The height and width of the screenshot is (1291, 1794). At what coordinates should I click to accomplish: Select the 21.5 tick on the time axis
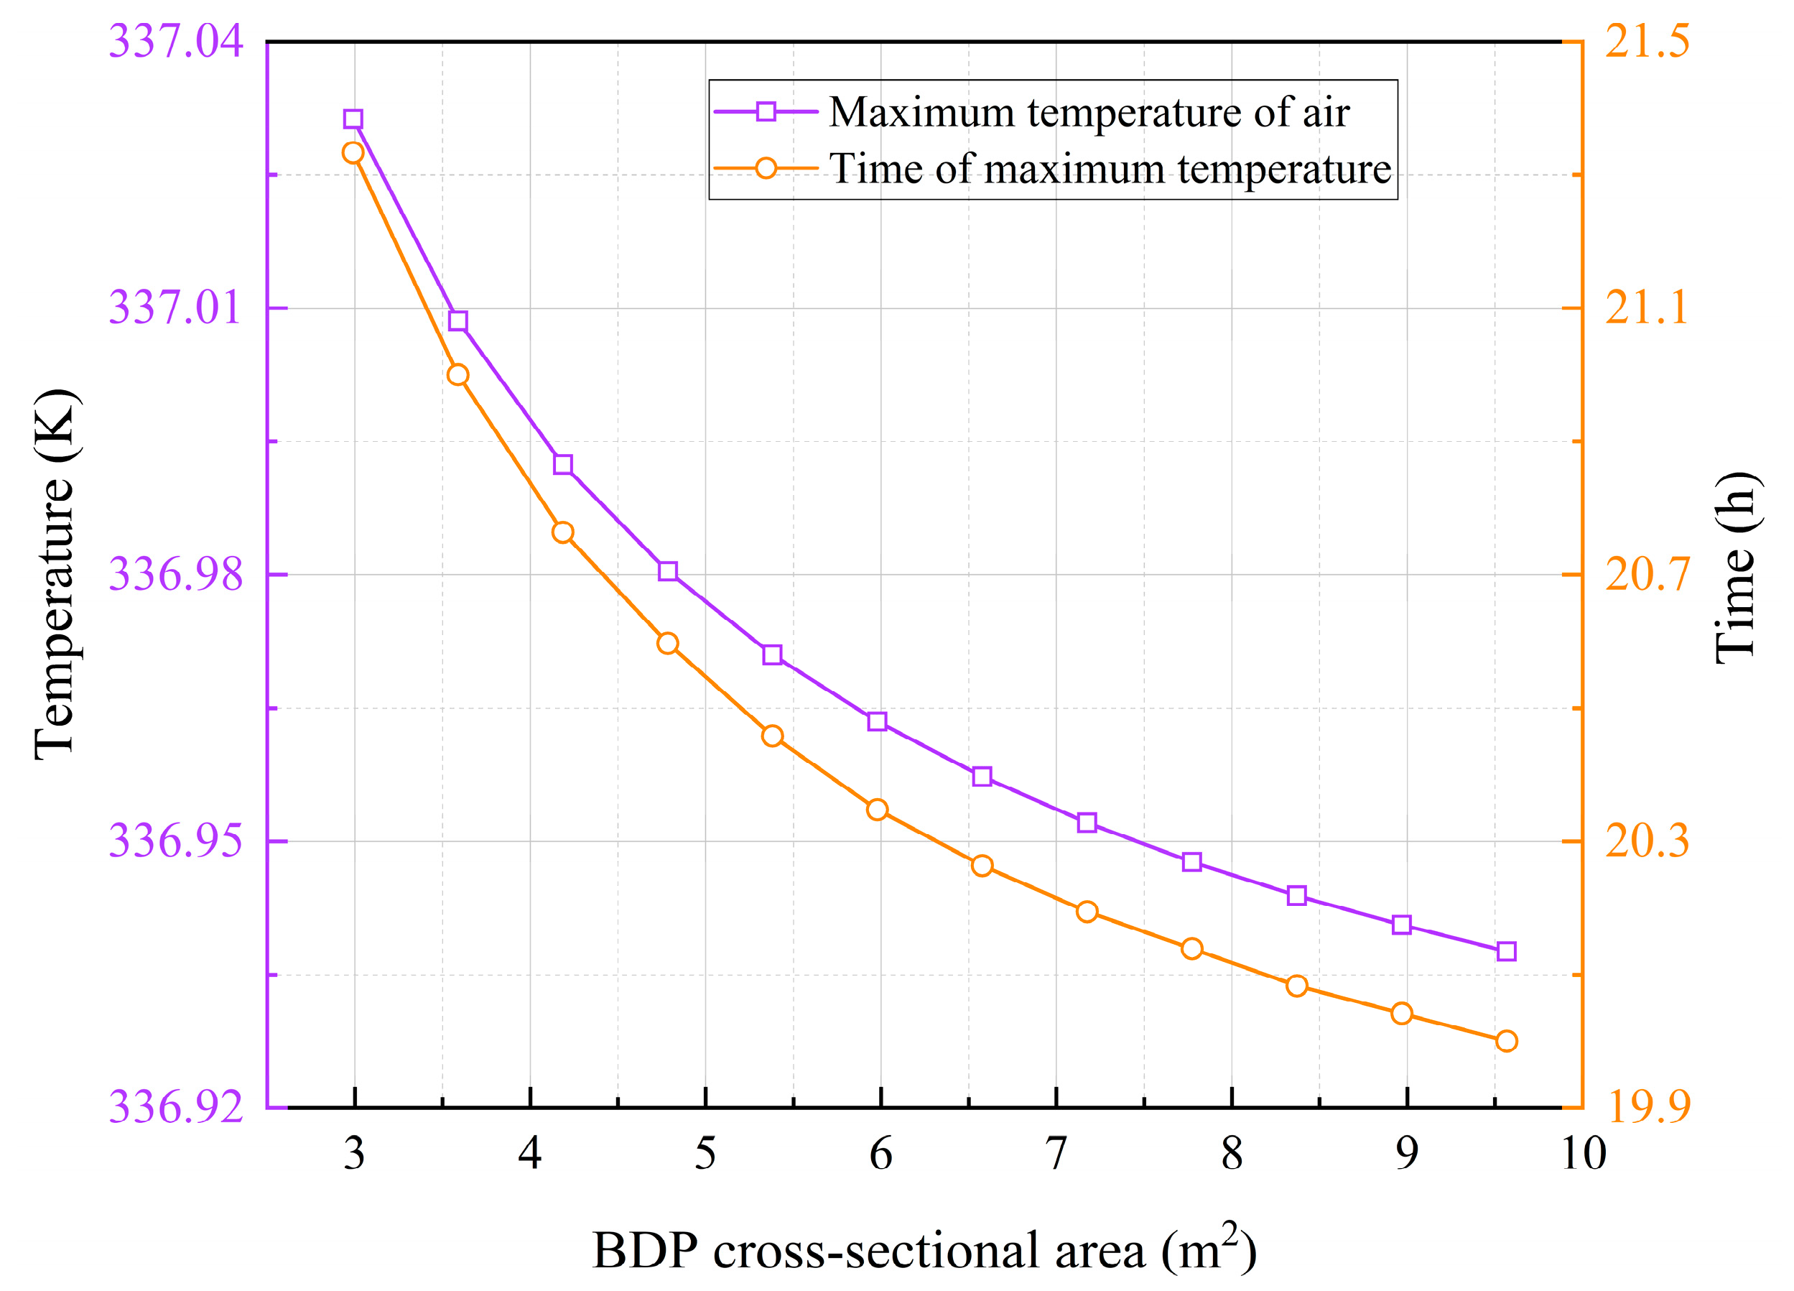[1647, 41]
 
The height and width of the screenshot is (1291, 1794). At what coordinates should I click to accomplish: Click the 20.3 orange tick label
[1647, 840]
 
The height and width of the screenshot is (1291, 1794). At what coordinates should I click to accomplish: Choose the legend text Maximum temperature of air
[1089, 111]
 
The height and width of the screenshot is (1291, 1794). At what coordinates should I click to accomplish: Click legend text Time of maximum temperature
[1109, 169]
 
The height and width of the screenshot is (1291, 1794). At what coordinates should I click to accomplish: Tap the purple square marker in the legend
[765, 111]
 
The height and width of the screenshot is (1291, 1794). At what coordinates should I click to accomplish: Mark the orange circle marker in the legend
[765, 169]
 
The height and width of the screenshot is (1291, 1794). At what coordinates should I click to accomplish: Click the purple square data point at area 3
[353, 119]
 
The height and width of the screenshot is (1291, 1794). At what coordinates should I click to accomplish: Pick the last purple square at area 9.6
[1506, 951]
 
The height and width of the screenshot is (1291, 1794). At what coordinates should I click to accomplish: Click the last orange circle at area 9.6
[1506, 1041]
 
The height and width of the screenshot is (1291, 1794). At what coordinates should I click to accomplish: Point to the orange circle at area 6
[876, 809]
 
